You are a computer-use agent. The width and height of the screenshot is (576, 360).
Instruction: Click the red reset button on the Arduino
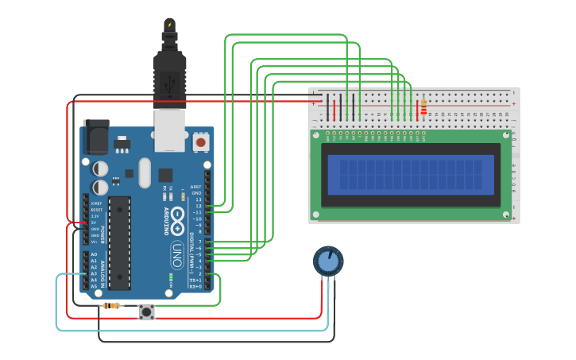[x=200, y=142]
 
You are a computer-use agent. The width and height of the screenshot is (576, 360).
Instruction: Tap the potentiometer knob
[x=327, y=261]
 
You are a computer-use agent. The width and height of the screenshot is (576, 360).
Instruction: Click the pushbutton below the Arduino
[x=147, y=312]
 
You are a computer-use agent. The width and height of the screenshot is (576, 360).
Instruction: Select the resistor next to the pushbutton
[x=112, y=306]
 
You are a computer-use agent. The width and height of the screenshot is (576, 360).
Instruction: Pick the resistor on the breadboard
[x=423, y=106]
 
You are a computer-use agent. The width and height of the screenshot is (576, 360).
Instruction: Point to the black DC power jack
[x=96, y=137]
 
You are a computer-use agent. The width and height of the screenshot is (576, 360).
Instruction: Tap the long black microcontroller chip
[x=119, y=242]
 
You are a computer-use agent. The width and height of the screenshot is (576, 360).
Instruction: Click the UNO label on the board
[x=177, y=254]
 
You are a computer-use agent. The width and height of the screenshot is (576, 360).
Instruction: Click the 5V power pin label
[x=94, y=223]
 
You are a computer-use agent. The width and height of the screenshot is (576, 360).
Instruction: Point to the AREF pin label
[x=196, y=187]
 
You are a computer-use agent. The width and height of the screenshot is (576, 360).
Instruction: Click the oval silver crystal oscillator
[x=144, y=172]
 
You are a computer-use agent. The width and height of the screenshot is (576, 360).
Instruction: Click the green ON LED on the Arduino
[x=171, y=278]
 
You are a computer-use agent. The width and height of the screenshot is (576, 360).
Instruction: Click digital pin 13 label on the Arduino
[x=199, y=199]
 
